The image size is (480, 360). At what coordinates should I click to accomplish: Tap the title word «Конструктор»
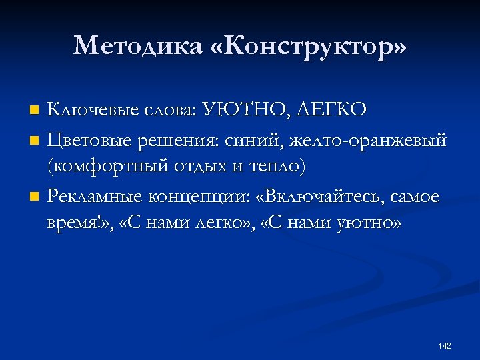click(307, 46)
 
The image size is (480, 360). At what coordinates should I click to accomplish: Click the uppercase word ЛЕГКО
click(329, 109)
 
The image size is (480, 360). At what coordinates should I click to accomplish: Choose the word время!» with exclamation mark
click(83, 223)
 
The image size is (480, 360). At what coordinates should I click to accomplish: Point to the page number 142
click(445, 346)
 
